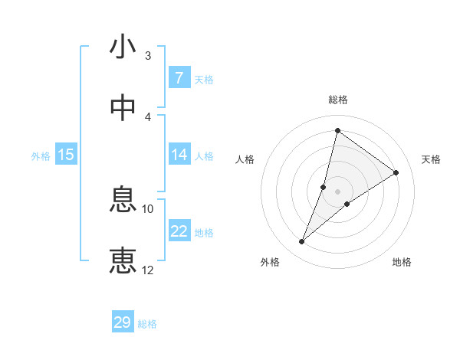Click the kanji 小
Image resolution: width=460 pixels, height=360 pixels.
click(123, 47)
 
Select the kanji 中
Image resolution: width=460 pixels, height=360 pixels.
click(123, 108)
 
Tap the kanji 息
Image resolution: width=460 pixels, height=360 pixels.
click(123, 201)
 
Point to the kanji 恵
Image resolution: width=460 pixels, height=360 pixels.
click(123, 260)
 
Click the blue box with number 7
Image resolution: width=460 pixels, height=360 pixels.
click(179, 78)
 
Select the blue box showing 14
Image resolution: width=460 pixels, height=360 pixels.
click(179, 155)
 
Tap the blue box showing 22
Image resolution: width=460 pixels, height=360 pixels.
click(179, 231)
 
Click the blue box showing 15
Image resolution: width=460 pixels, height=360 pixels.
click(66, 155)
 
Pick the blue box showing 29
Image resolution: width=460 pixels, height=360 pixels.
click(123, 322)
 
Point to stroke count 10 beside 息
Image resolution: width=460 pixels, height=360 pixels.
click(148, 208)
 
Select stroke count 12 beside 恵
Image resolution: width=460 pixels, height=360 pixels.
click(148, 269)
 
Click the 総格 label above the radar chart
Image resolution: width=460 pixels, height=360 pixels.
click(338, 100)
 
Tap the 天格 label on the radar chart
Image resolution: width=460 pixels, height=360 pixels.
click(432, 159)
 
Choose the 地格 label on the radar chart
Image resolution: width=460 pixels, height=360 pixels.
click(402, 262)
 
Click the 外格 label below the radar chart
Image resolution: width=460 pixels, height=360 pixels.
click(270, 262)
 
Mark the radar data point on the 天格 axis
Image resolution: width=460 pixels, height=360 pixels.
click(396, 172)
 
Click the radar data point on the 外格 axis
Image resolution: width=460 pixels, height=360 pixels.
click(302, 242)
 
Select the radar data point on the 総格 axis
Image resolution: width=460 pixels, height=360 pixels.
click(337, 130)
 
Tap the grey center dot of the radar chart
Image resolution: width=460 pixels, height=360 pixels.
click(337, 191)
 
